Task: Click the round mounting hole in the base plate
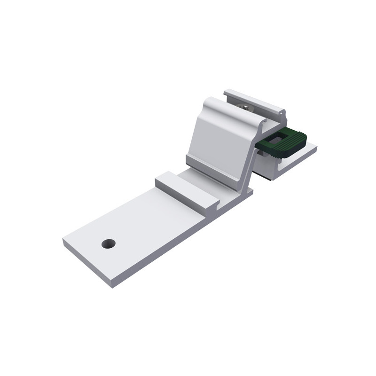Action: [x=109, y=244]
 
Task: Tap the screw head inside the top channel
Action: [x=246, y=108]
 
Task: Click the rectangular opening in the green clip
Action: [x=277, y=137]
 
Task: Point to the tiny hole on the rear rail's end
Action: [x=282, y=112]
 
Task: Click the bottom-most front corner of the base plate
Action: [x=112, y=287]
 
